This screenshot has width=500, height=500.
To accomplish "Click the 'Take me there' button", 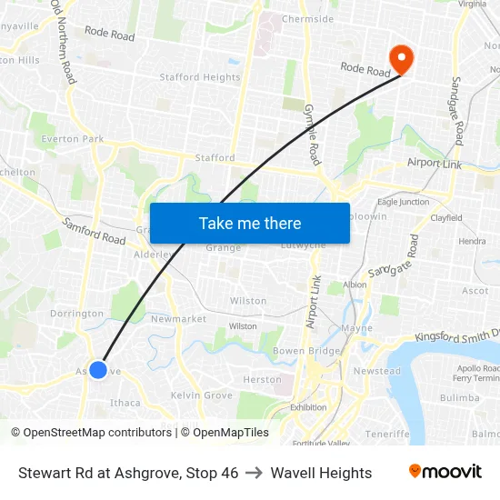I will (250, 223).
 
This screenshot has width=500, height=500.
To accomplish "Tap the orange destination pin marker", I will (400, 59).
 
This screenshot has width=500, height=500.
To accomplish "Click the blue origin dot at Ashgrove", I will (98, 370).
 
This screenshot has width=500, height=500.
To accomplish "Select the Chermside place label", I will (307, 18).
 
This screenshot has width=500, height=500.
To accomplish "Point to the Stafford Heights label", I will (200, 78).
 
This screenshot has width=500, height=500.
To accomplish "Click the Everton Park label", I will (73, 139).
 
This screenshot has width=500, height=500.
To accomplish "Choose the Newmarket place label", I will (178, 319).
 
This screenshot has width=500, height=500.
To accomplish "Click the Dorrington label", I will (77, 314).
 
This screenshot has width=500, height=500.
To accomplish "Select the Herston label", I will (263, 380).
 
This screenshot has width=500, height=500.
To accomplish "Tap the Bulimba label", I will (459, 398).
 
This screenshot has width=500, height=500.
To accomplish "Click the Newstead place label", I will (376, 371).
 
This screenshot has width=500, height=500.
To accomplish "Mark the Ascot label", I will (475, 291).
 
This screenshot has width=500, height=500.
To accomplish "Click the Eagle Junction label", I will (403, 202).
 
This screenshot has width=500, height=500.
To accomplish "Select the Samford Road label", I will (94, 231).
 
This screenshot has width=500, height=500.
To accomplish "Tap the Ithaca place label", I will (125, 403).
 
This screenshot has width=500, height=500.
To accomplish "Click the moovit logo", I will (445, 472).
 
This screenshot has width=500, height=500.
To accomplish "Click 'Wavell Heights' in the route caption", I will (321, 473).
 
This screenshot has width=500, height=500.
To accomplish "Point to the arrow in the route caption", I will (255, 473).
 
